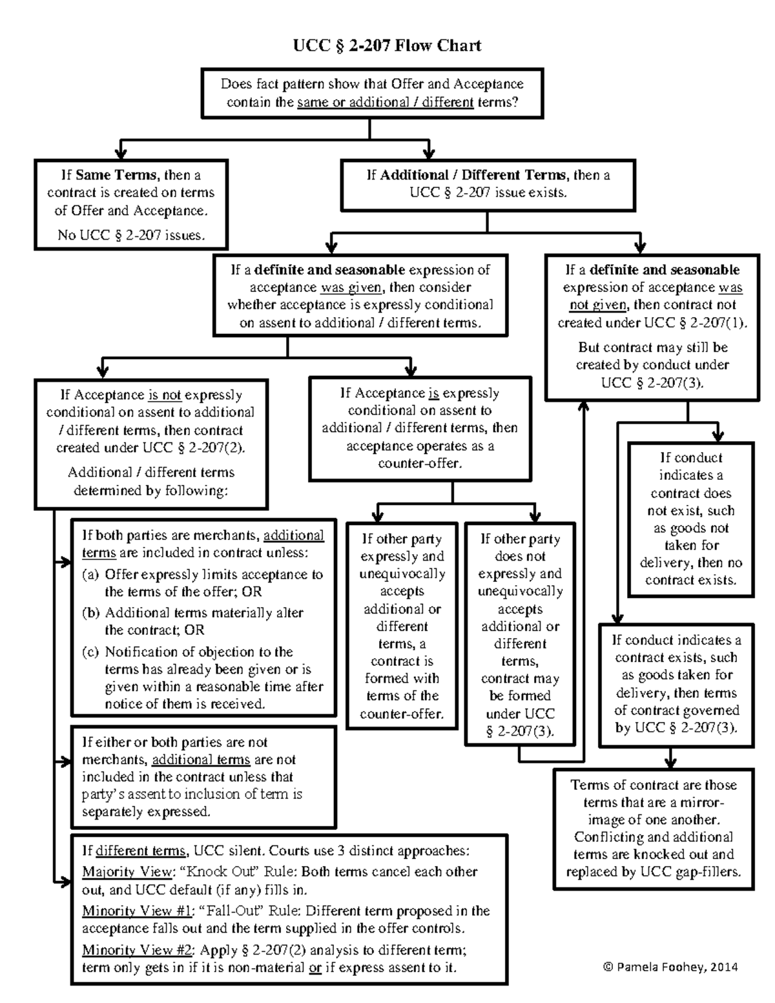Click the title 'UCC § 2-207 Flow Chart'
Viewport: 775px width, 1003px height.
(387, 45)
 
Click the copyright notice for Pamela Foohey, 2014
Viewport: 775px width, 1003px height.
(669, 967)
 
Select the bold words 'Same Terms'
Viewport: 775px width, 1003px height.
(116, 175)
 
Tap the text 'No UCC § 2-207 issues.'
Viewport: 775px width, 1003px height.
(131, 235)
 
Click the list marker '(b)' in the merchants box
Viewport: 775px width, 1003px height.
(90, 613)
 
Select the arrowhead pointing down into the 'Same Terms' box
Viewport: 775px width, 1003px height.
(121, 153)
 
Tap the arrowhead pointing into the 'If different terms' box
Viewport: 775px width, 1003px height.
(65, 880)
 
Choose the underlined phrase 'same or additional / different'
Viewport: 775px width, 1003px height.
(386, 102)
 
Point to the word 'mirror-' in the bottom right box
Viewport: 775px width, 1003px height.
(699, 803)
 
